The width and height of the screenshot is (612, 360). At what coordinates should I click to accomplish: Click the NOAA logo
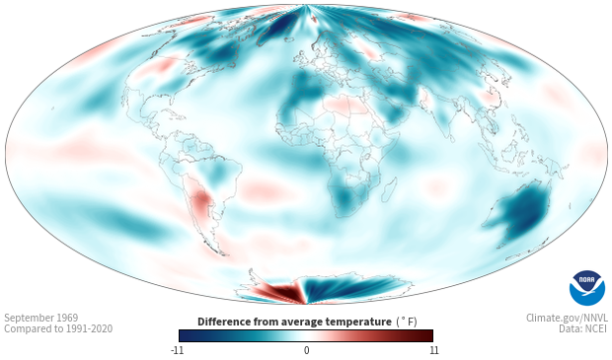coord(587,288)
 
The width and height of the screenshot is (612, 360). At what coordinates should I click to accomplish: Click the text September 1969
coord(41,318)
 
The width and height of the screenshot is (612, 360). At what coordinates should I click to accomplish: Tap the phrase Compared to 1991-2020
coord(58,328)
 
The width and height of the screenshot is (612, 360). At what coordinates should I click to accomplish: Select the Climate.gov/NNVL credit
coord(567,318)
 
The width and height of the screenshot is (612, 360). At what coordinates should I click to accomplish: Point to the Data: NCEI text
coord(583,328)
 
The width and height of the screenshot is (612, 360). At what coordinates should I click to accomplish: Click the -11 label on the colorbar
coord(178,350)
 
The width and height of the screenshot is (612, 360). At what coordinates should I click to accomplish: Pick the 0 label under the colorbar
coord(306,350)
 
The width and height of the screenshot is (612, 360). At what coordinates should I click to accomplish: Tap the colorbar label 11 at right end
coord(434,350)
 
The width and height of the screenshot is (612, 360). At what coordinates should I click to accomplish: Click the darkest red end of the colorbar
coord(429,335)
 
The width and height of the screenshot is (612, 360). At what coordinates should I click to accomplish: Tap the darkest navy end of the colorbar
coord(183,335)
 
